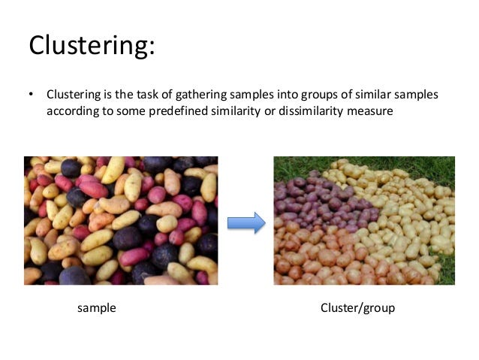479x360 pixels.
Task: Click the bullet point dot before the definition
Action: [32, 96]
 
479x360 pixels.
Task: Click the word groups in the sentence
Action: [315, 96]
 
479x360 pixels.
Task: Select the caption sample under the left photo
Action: [97, 308]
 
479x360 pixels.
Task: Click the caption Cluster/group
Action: [357, 308]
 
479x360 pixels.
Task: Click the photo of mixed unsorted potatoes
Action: [120, 220]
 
